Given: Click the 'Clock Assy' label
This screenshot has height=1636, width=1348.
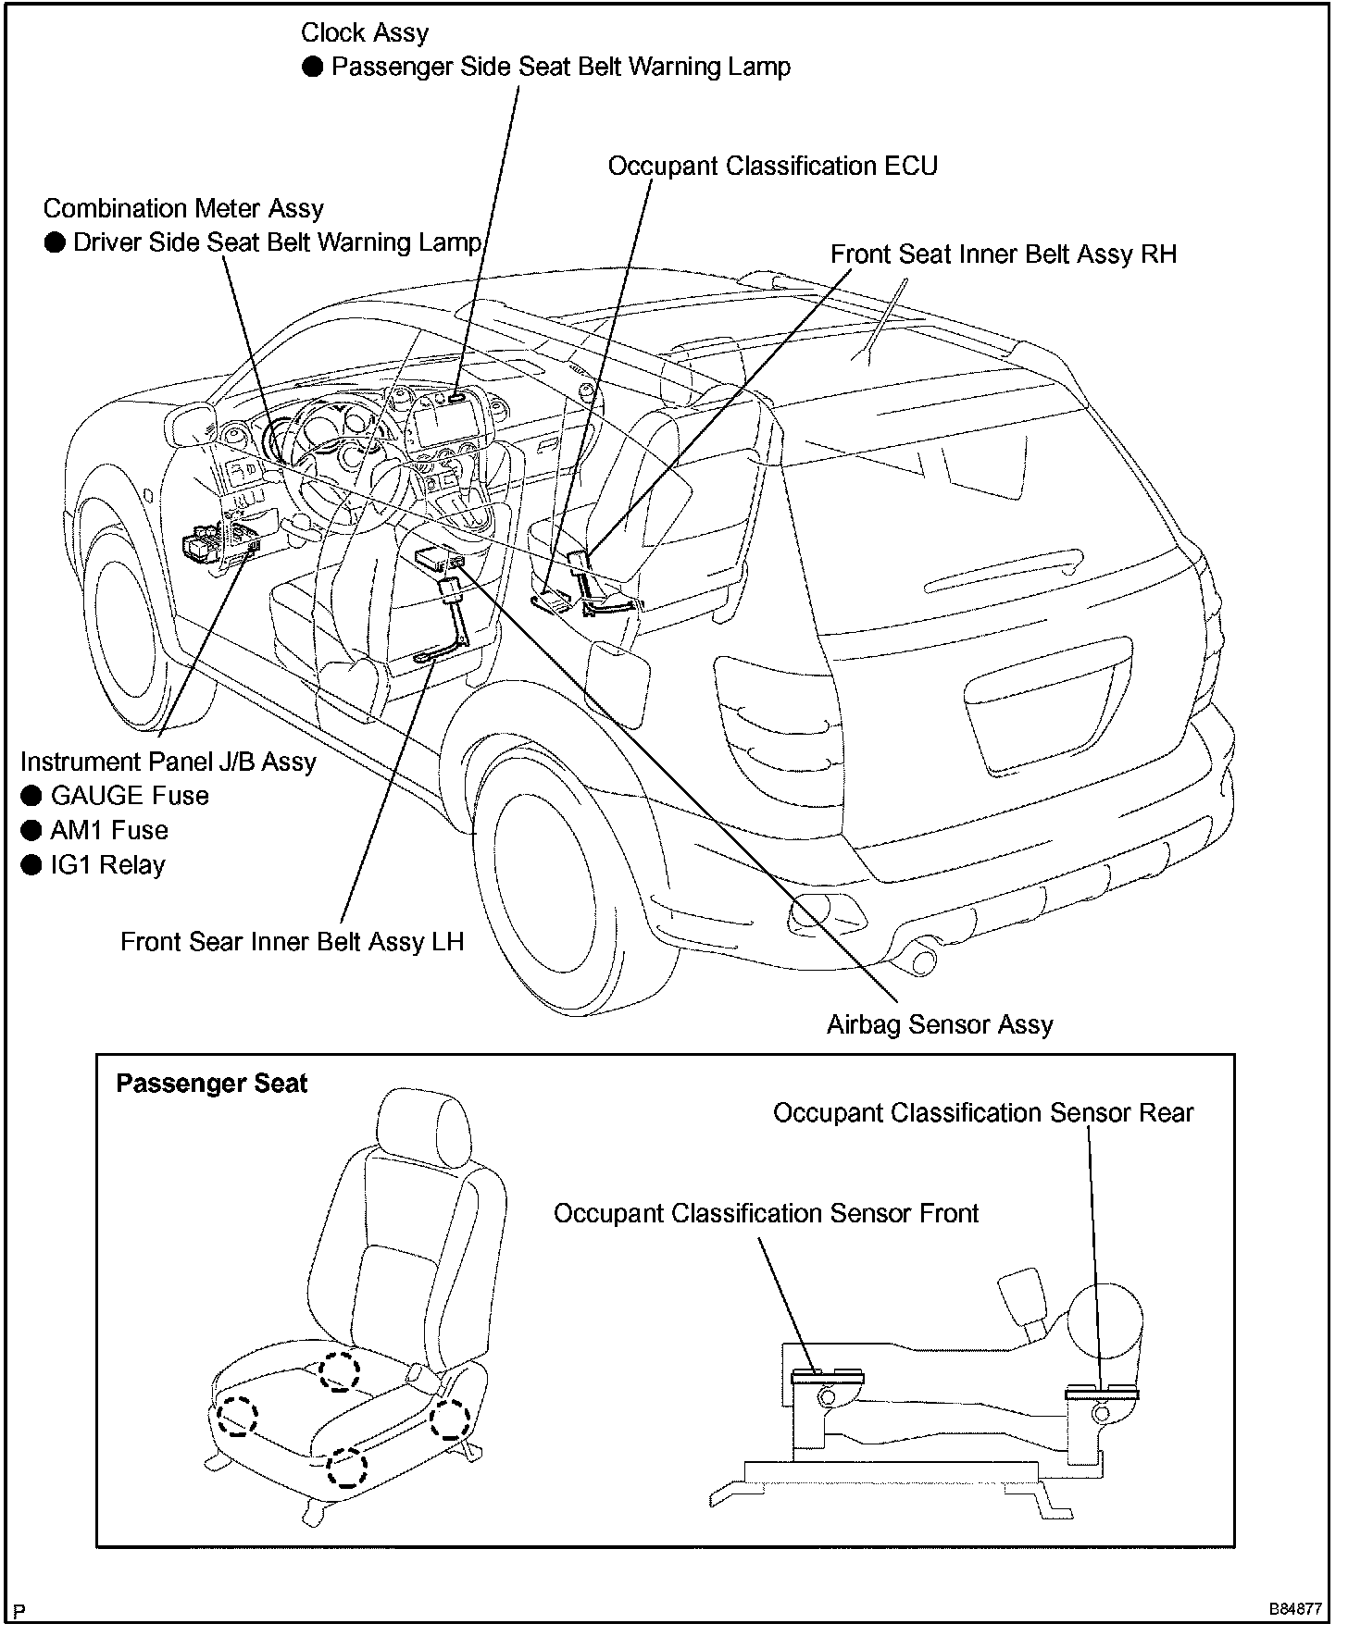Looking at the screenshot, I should click(x=365, y=33).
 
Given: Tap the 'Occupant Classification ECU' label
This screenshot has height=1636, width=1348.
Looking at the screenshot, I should click(x=772, y=167).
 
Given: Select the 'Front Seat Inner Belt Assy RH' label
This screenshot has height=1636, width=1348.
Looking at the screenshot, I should click(x=1003, y=254).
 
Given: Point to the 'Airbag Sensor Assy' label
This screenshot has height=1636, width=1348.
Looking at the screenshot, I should click(x=940, y=1025).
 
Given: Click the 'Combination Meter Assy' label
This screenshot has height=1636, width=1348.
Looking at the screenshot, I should click(x=183, y=209).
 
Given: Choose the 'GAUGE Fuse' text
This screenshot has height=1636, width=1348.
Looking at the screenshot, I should click(x=130, y=796).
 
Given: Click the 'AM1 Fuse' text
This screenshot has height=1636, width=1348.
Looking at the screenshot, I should click(x=109, y=830).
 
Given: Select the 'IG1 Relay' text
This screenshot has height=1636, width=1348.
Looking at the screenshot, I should click(x=107, y=865).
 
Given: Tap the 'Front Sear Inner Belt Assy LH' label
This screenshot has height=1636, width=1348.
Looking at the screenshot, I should click(x=292, y=942).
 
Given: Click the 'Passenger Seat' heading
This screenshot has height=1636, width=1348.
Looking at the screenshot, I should click(x=211, y=1084).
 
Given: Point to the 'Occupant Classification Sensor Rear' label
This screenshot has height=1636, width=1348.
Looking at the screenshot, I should click(x=983, y=1112).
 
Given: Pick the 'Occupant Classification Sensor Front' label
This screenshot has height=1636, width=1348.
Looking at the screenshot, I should click(x=766, y=1213).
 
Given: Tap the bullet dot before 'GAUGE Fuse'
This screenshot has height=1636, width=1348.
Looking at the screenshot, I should click(x=32, y=796).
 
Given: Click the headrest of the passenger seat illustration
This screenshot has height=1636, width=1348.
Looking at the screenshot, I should click(x=421, y=1122).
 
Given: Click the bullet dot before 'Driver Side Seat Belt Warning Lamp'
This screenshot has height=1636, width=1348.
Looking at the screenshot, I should click(x=56, y=243).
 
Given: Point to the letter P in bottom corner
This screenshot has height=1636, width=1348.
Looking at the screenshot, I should click(x=19, y=1611).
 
